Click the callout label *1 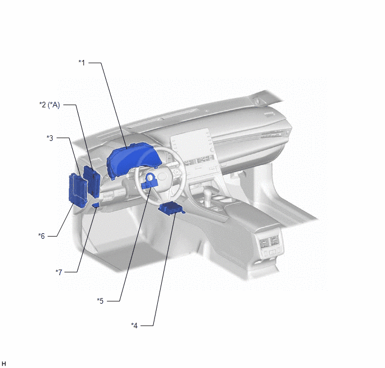tap(82, 63)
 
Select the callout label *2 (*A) tap(50, 105)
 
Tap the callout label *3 tap(50, 138)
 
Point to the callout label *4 tap(134, 325)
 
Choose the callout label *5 tap(100, 301)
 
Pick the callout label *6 tap(41, 236)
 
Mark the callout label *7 tap(59, 272)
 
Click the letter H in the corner tap(4, 364)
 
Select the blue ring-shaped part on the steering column tap(149, 180)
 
